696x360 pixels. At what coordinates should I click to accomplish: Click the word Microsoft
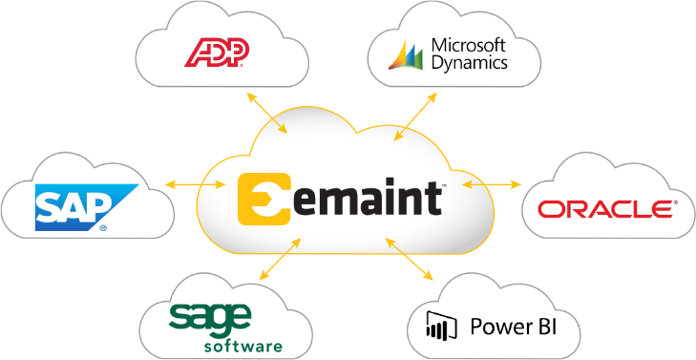[469, 44]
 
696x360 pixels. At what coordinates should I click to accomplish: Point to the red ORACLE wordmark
[603, 208]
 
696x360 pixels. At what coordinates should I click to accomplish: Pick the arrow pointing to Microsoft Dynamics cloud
[418, 116]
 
